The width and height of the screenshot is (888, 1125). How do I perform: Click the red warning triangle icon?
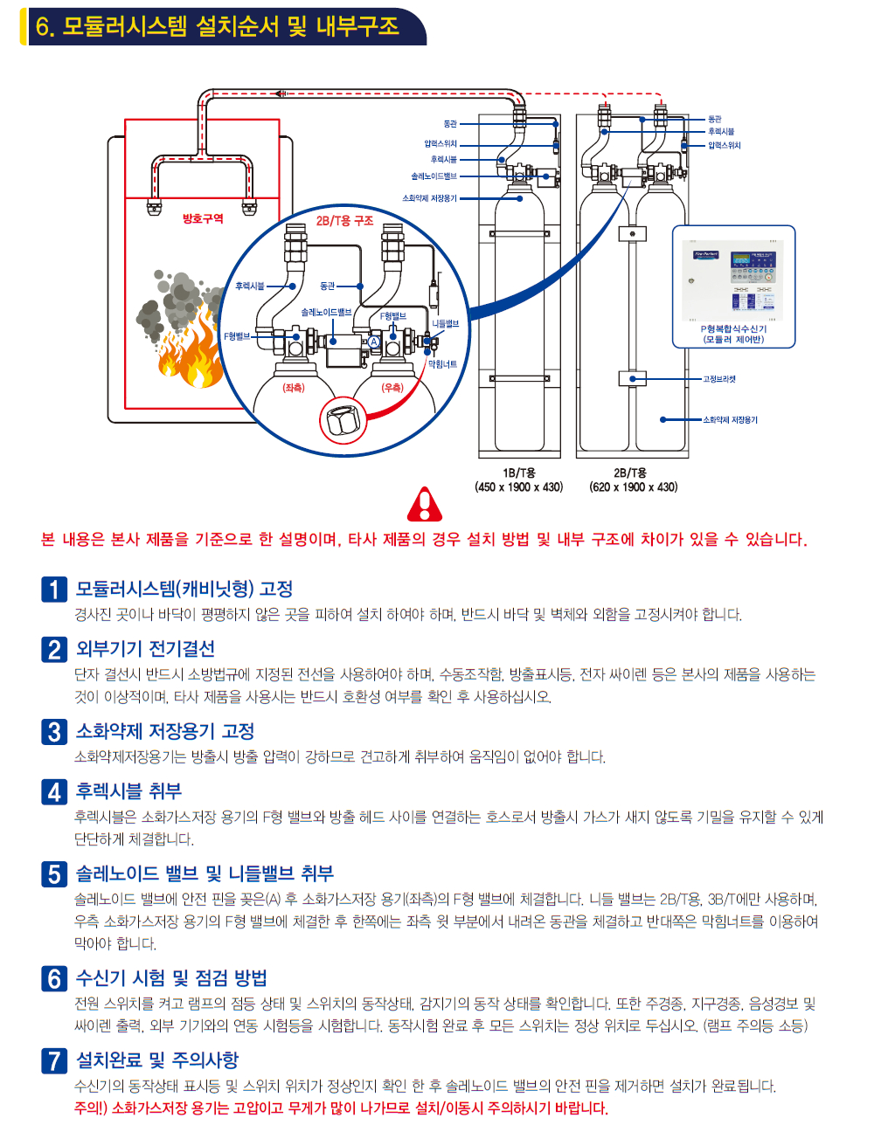pyautogui.click(x=425, y=505)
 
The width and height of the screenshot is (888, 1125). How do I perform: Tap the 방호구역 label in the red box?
pyautogui.click(x=203, y=218)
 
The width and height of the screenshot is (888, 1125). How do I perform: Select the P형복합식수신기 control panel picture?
pyautogui.click(x=733, y=280)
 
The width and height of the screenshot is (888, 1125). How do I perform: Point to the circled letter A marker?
pyautogui.click(x=374, y=342)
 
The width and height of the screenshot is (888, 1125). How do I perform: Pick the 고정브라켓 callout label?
pyautogui.click(x=719, y=379)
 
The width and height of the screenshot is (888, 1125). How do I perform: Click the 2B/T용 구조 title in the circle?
pyautogui.click(x=344, y=221)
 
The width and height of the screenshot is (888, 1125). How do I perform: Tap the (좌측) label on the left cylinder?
pyautogui.click(x=294, y=387)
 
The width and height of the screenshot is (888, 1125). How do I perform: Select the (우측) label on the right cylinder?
pyautogui.click(x=392, y=387)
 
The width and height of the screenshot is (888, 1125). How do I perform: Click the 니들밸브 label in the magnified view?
pyautogui.click(x=445, y=323)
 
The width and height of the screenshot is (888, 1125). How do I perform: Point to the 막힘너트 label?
pyautogui.click(x=442, y=364)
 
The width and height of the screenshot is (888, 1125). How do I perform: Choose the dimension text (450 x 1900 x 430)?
pyautogui.click(x=519, y=487)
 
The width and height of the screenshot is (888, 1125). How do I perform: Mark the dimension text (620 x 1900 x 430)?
pyautogui.click(x=634, y=487)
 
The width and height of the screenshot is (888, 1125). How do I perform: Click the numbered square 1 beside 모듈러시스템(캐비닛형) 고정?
pyautogui.click(x=54, y=590)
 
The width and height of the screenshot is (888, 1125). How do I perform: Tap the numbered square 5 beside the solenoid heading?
pyautogui.click(x=54, y=873)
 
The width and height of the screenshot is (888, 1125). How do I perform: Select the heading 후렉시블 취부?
pyautogui.click(x=128, y=791)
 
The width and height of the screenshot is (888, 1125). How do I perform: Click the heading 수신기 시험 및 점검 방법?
pyautogui.click(x=171, y=978)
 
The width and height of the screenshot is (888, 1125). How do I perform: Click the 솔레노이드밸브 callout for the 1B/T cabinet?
pyautogui.click(x=434, y=176)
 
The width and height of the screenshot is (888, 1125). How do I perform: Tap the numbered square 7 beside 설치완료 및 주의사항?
pyautogui.click(x=54, y=1060)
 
